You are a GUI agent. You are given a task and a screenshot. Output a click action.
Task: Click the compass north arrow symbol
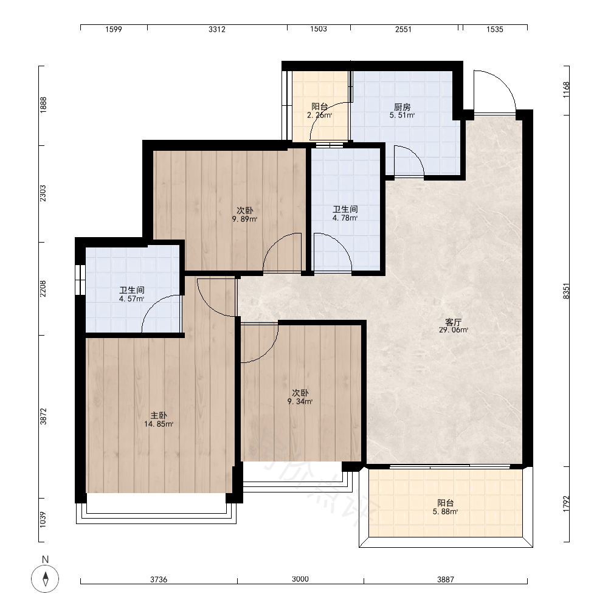click(x=46, y=579)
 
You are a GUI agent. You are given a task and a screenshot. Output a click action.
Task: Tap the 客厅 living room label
click(x=454, y=322)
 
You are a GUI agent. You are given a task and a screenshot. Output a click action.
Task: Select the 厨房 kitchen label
click(x=402, y=107)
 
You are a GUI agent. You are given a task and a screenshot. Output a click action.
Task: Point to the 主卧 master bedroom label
click(x=159, y=416)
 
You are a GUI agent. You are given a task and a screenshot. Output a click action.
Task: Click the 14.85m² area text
click(x=159, y=424)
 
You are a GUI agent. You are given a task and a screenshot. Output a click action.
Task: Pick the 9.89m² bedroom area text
click(x=244, y=219)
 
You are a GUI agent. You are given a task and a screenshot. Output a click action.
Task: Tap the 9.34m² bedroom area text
click(x=300, y=402)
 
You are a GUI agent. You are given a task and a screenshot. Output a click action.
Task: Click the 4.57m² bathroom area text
click(x=131, y=299)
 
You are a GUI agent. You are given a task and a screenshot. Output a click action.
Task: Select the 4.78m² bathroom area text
click(x=345, y=218)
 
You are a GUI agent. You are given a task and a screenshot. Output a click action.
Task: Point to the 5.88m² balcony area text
click(x=446, y=512)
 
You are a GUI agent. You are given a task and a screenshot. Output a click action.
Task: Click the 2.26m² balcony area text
click(x=320, y=115)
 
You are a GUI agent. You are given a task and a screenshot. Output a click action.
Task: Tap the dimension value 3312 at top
click(x=217, y=29)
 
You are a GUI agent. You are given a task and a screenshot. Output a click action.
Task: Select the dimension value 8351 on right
click(x=567, y=291)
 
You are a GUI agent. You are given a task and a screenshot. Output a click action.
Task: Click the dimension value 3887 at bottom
click(x=446, y=579)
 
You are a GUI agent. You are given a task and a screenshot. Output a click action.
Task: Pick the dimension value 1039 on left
click(x=43, y=520)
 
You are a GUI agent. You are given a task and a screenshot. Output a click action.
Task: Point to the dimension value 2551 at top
click(x=403, y=29)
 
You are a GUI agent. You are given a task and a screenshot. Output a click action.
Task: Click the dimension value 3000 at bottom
click(x=300, y=579)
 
